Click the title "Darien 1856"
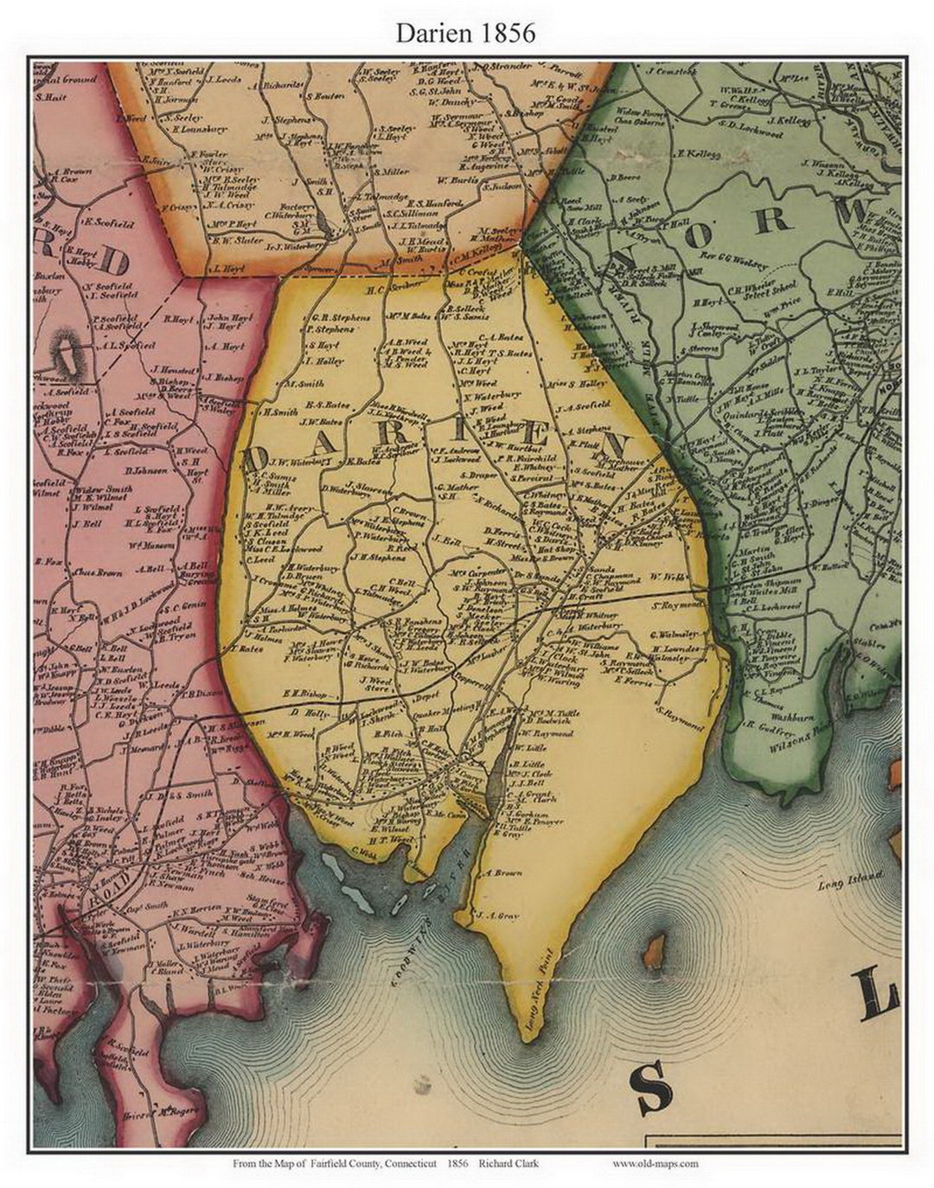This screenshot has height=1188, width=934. (466, 33)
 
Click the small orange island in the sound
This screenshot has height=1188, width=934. (655, 950)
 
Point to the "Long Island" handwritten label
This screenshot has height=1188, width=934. (851, 880)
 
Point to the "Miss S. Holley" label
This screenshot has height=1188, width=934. (584, 384)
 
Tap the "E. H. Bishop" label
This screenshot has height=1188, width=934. (305, 693)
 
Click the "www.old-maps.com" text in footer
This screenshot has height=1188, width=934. (656, 1163)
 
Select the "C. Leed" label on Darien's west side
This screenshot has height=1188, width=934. (260, 559)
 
